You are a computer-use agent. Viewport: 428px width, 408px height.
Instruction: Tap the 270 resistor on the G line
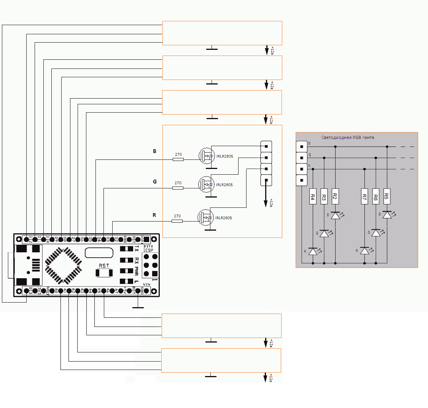click(x=178, y=188)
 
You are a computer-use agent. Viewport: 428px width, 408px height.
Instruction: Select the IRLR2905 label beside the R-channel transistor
click(x=223, y=218)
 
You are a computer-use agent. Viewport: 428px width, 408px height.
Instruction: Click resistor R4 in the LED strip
click(x=312, y=197)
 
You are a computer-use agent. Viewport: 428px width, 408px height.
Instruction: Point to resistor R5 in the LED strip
click(x=387, y=196)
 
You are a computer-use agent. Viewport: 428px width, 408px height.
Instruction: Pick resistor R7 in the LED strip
click(x=364, y=197)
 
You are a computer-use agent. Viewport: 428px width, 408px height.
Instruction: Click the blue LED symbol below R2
click(x=335, y=215)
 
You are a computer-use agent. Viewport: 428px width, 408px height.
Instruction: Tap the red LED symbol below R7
click(x=364, y=251)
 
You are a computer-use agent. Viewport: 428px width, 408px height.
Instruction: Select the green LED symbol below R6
click(x=376, y=233)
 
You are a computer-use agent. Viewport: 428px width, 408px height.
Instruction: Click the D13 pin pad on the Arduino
click(x=26, y=291)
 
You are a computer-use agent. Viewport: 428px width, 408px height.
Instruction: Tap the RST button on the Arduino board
click(x=103, y=273)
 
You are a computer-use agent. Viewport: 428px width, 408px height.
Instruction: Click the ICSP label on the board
click(x=148, y=250)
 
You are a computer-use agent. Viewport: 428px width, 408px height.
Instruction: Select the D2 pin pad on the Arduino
click(x=112, y=239)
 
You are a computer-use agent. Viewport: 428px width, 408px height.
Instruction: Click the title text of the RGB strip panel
click(x=347, y=137)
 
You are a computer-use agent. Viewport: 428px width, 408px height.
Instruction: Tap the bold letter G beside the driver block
click(x=155, y=182)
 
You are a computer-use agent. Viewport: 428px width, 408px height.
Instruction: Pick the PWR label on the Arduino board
click(x=136, y=271)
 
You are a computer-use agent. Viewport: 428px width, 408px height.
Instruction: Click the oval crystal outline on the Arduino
click(x=99, y=252)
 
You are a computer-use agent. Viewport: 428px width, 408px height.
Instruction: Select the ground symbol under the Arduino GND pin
click(x=138, y=307)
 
